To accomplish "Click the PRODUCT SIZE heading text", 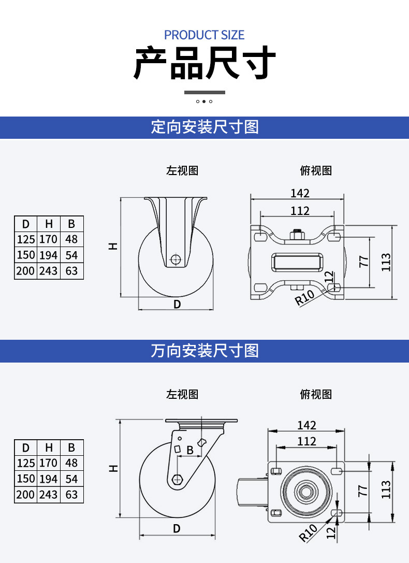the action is pos(204,35).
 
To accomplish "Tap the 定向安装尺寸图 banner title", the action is pos(204,127).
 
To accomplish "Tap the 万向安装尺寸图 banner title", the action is pos(204,351).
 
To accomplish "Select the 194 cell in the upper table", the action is pos(49,255).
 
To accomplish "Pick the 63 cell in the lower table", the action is pos(71,495).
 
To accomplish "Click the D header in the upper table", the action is pos(26,224).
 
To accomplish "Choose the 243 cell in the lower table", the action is pos(49,495).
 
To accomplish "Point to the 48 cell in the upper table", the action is pos(71,239).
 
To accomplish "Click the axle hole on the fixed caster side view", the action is pos(176,259).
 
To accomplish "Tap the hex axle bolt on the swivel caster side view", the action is pos(177,479).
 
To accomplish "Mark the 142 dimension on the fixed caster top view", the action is pos(300,193).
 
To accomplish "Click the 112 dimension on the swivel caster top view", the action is pos(306,441).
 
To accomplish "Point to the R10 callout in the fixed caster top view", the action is pos(304,298).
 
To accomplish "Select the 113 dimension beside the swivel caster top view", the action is pos(386,489).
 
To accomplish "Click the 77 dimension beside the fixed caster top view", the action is pos(364,261).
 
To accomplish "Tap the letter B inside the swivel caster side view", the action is pos(190,450).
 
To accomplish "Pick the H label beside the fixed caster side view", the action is pos(113,247).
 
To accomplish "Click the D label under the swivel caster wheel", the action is pos(177,528).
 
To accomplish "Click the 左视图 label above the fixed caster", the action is pos(182,170).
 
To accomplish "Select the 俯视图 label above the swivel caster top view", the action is pos(316,394).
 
